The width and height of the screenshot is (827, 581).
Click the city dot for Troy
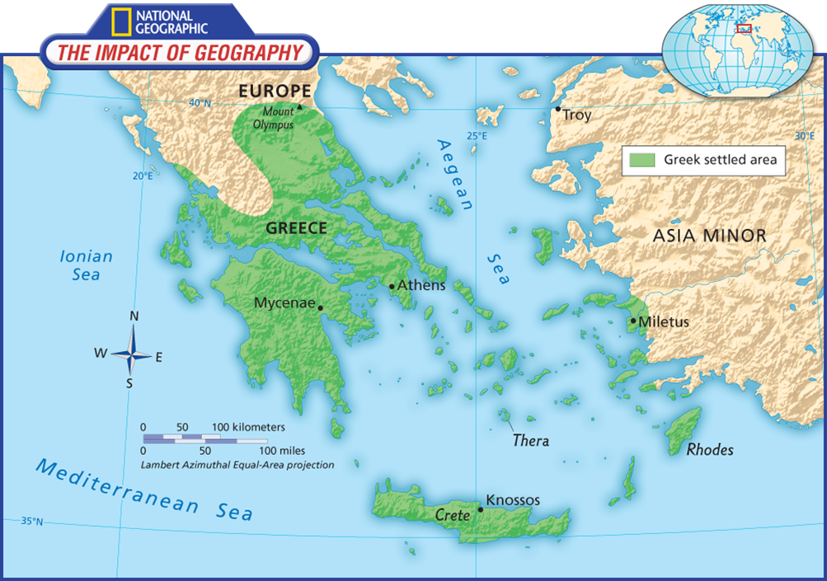point(558,109)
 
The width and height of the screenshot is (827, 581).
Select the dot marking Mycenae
point(321,308)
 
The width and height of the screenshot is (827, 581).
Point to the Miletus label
point(664,321)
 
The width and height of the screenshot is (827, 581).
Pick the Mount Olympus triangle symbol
point(299,106)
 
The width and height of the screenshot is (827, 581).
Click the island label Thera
point(530,440)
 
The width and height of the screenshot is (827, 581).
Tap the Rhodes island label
point(710,450)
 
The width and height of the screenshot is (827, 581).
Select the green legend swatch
point(641,160)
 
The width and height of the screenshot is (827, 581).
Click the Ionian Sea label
point(86,265)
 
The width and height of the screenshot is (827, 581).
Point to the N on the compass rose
point(134,316)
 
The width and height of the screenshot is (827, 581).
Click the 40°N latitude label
point(200,103)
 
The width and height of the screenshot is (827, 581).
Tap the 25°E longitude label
point(477,136)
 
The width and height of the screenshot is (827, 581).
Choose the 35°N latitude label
point(31,521)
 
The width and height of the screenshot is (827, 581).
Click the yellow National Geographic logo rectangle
point(120,22)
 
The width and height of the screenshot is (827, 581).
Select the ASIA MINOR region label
point(709,236)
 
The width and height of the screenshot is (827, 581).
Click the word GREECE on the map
point(296,228)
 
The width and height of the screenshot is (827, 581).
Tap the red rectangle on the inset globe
point(744,28)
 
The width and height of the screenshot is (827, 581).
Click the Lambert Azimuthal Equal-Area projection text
point(237,465)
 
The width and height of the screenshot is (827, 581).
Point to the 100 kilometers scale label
point(248,427)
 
